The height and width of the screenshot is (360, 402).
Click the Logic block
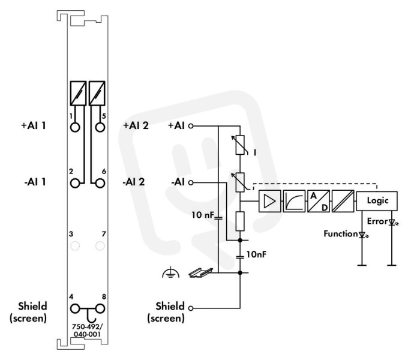tap(377, 201)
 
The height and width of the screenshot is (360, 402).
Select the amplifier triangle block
tap(269, 201)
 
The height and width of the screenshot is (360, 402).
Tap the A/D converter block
tap(319, 201)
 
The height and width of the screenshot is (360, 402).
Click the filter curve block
tap(294, 201)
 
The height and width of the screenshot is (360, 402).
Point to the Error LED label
tap(377, 221)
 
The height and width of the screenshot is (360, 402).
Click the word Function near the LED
tap(340, 234)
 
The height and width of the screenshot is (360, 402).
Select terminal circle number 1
tap(75, 127)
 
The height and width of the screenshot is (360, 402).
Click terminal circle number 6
tap(100, 184)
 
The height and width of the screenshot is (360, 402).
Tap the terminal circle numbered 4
tap(75, 309)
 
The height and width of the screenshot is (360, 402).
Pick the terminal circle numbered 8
tap(100, 309)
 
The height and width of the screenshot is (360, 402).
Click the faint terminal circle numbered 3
tap(75, 246)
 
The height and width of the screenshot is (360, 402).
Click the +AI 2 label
tap(136, 125)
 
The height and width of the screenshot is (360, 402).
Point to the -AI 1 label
tap(35, 182)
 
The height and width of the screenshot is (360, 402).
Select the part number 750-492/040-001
tap(87, 331)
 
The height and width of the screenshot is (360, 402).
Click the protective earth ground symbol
tap(171, 273)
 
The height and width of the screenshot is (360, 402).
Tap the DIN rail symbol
tap(201, 273)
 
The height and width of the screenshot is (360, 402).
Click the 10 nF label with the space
tap(203, 215)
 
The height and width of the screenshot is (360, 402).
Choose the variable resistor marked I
tap(240, 145)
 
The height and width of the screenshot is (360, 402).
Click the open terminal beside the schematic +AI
tap(191, 126)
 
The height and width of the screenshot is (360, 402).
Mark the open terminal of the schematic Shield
tap(191, 308)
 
